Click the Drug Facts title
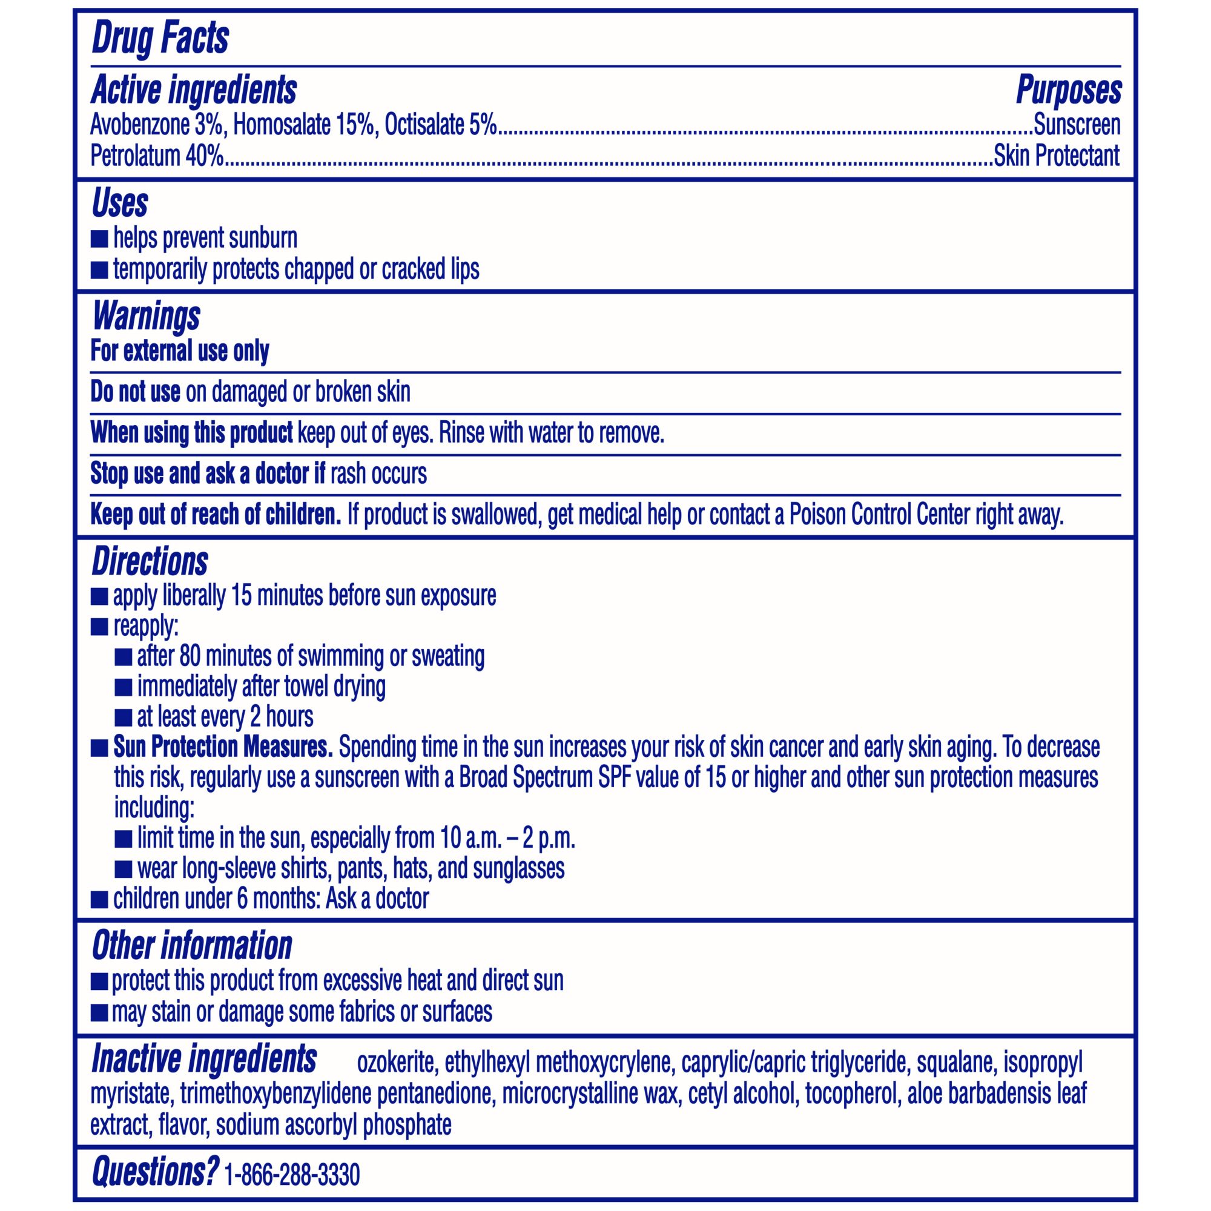[x=160, y=39]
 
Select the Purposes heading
[x=1068, y=90]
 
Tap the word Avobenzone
[x=139, y=125]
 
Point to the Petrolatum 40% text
[x=157, y=156]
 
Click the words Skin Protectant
[x=1056, y=156]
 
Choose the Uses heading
[x=120, y=203]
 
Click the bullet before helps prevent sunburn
[x=99, y=239]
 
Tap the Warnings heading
[x=145, y=316]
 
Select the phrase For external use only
[x=180, y=351]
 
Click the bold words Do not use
[x=136, y=392]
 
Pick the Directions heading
[x=150, y=562]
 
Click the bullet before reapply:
[x=99, y=627]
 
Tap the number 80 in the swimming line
[x=190, y=656]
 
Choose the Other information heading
[x=192, y=946]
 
